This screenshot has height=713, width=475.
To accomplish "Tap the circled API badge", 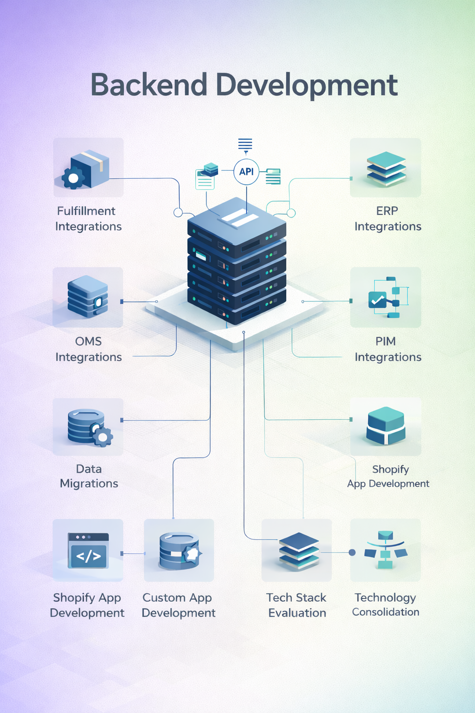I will click(x=246, y=172).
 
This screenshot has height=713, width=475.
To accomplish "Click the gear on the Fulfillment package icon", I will click(x=73, y=177).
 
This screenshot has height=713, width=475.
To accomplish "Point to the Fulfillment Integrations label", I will click(x=88, y=219).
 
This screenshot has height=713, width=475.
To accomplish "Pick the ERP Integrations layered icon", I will click(x=386, y=169).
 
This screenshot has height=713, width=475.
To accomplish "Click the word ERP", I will click(x=387, y=211).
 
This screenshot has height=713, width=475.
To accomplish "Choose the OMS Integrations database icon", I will click(x=88, y=297).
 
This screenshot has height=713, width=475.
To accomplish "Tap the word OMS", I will click(x=88, y=341).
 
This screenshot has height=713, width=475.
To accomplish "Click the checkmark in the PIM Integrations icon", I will click(x=378, y=300).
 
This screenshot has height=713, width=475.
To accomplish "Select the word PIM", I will click(x=385, y=341).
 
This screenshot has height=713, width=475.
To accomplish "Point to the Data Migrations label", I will click(x=89, y=476).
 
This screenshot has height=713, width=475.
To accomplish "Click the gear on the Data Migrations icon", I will click(x=103, y=437).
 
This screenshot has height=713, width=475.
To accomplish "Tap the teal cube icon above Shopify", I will click(x=386, y=425).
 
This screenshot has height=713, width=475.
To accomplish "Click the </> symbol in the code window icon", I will click(x=88, y=556).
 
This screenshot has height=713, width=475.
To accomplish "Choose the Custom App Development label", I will click(x=179, y=605).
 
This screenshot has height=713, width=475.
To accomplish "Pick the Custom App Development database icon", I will click(x=179, y=551).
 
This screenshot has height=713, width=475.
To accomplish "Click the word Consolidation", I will click(x=385, y=612).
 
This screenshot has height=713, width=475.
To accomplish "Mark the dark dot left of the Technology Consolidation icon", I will click(x=352, y=552).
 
